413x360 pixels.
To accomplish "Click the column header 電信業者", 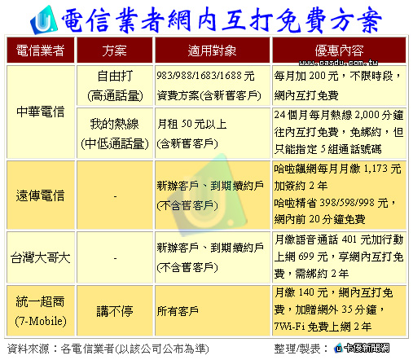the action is pyautogui.click(x=40, y=50).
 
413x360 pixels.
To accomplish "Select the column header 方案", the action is pyautogui.click(x=114, y=50).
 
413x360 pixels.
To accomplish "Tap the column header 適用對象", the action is pyautogui.click(x=212, y=50).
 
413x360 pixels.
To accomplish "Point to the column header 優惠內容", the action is pyautogui.click(x=339, y=50).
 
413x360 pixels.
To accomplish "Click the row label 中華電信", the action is pyautogui.click(x=40, y=112).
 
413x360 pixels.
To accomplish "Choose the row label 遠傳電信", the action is pyautogui.click(x=40, y=195).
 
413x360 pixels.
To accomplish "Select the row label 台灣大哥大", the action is pyautogui.click(x=40, y=257).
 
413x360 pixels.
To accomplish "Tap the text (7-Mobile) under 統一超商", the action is pyautogui.click(x=41, y=321).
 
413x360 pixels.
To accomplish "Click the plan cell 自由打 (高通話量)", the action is pyautogui.click(x=115, y=86).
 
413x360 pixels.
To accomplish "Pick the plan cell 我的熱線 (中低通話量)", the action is pyautogui.click(x=115, y=134).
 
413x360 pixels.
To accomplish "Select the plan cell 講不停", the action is pyautogui.click(x=115, y=311).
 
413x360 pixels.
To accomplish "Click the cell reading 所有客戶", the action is pyautogui.click(x=178, y=311).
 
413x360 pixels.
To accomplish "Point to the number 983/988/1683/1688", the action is pyautogui.click(x=200, y=76).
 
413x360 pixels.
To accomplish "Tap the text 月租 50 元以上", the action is pyautogui.click(x=191, y=124).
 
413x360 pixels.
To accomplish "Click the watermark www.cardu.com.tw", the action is pyautogui.click(x=338, y=63).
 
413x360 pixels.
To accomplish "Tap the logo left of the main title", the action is pyautogui.click(x=44, y=20).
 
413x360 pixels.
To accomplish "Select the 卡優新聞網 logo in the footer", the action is pyautogui.click(x=362, y=348).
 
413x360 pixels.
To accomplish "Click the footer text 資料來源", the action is pyautogui.click(x=29, y=349).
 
